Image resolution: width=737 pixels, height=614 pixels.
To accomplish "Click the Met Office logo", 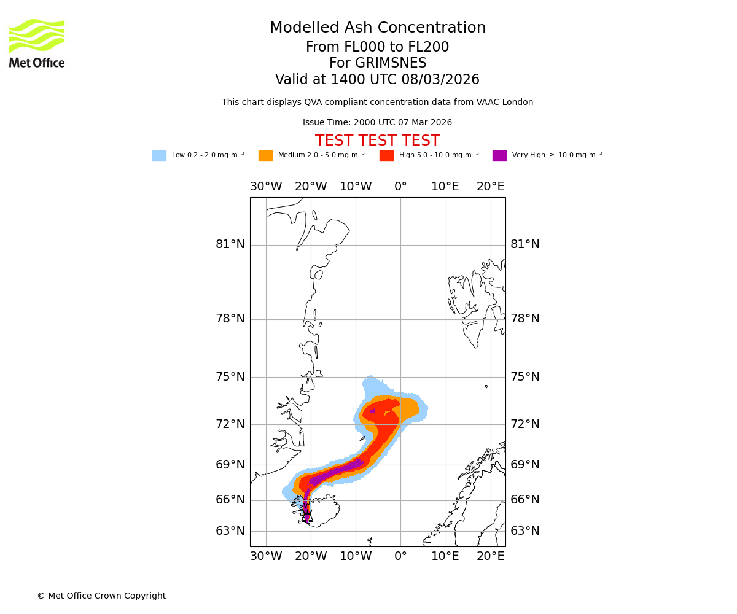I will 37,43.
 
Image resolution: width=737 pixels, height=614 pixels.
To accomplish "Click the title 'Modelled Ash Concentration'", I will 378,28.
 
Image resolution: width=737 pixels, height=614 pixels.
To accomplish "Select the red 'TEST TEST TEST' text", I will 377,141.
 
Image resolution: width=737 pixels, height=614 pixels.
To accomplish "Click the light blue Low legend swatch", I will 159,156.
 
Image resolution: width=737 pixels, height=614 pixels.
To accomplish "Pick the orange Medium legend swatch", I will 265,156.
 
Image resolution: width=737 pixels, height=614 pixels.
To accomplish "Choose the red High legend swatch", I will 386,156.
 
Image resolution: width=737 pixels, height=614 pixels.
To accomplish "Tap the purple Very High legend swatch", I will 499,156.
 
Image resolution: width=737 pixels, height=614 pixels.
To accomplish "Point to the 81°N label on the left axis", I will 230,244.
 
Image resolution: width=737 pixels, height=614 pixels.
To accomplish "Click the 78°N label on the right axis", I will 525,319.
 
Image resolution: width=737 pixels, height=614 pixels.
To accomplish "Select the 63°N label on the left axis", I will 230,531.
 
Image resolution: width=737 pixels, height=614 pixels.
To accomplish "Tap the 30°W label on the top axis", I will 266,187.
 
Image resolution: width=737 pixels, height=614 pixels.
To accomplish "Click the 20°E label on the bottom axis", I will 490,556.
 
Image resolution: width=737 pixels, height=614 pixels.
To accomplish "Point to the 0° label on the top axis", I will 400,187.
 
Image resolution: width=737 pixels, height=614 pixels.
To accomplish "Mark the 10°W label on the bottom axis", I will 356,556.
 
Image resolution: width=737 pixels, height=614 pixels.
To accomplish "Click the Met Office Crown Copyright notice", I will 101,596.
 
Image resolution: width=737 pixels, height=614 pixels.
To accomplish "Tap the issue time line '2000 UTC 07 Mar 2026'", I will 377,123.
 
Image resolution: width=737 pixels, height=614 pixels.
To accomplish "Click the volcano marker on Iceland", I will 307,516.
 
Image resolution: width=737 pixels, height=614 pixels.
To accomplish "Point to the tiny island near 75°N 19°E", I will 486,386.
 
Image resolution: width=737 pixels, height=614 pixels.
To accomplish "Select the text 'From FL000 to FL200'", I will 377,47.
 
